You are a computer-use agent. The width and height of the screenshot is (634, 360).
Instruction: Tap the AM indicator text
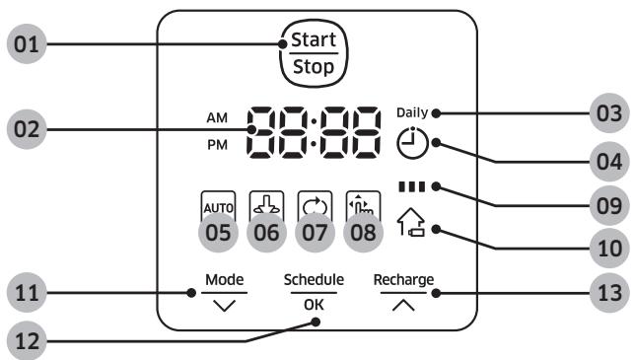(x=217, y=117)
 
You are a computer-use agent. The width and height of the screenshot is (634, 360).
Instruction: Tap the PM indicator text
(x=217, y=145)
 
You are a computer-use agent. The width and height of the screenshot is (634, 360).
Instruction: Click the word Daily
(x=411, y=112)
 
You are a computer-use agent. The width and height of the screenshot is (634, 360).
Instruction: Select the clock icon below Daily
(x=411, y=145)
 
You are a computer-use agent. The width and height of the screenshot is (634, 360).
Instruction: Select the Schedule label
(x=312, y=279)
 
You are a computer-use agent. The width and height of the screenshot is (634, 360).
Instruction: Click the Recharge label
(x=403, y=279)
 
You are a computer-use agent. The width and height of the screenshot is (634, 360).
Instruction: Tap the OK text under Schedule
(x=313, y=305)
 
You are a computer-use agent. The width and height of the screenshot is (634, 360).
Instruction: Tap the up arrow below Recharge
(x=402, y=305)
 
